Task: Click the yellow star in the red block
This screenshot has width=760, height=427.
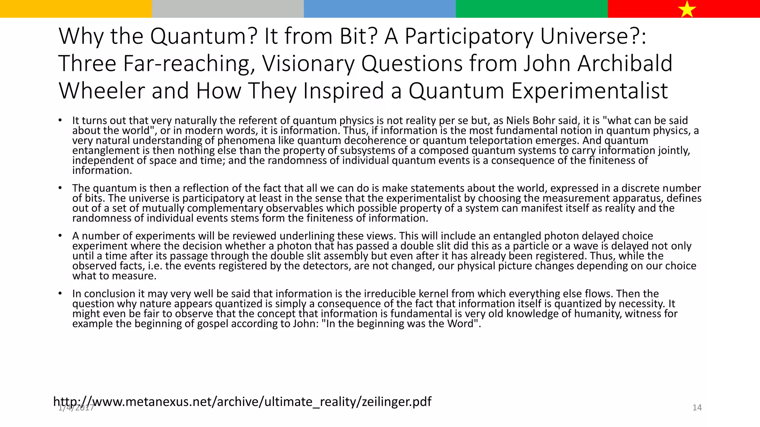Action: (687, 9)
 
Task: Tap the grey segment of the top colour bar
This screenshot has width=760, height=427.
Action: (228, 9)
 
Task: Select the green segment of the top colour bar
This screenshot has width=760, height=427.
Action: (531, 9)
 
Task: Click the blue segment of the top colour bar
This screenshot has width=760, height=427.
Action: (380, 9)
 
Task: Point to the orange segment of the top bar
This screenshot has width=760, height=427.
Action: (76, 9)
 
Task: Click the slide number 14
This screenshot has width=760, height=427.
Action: (697, 408)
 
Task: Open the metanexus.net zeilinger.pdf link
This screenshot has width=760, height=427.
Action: (242, 401)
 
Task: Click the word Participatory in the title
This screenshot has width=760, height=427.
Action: (468, 36)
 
